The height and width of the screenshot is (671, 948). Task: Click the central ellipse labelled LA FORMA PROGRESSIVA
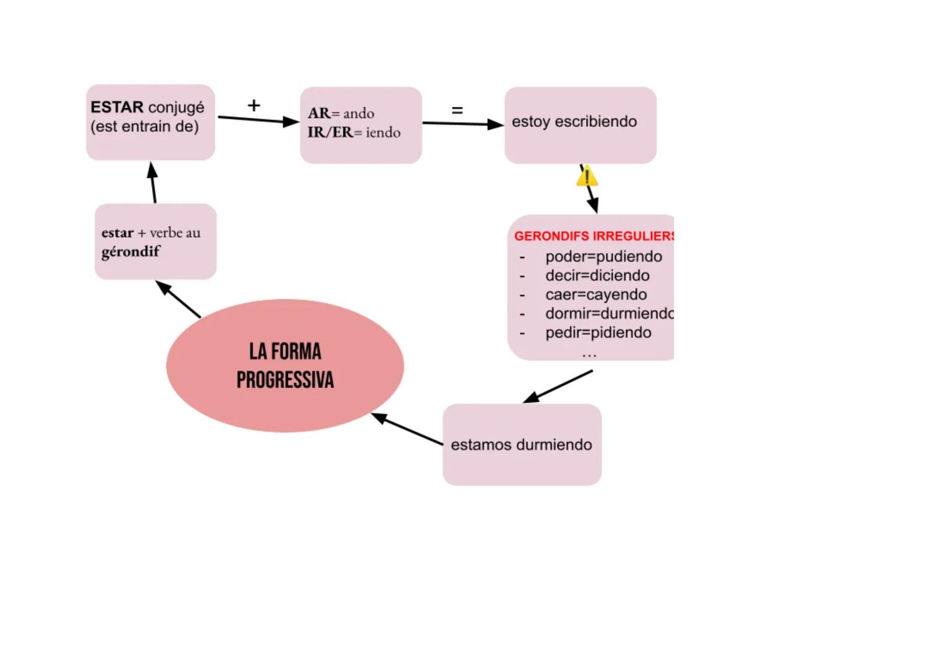(x=285, y=365)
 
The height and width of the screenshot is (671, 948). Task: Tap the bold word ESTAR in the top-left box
(x=117, y=107)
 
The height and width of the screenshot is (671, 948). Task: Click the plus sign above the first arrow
(x=254, y=105)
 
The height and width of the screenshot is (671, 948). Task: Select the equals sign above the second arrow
(x=457, y=111)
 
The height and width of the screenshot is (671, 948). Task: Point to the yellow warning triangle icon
(x=587, y=177)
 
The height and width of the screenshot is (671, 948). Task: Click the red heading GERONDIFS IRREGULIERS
(x=594, y=236)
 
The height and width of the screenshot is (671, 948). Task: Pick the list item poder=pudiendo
(x=604, y=257)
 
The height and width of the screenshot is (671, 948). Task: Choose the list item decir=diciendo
(x=597, y=275)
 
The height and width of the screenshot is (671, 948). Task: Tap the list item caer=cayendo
(x=596, y=294)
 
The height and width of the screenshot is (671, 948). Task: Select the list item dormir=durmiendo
(x=609, y=313)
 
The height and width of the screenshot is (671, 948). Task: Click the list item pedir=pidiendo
(x=598, y=332)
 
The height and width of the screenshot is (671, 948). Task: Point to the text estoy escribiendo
(x=574, y=121)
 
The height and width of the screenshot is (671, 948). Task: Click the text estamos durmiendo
(x=521, y=445)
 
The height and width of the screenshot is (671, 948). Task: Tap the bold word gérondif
(x=131, y=252)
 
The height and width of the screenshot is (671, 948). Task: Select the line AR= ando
(x=341, y=113)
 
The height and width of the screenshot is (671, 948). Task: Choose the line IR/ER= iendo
(x=354, y=132)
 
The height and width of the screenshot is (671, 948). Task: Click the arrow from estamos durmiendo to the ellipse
(x=407, y=429)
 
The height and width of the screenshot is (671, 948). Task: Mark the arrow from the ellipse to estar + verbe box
(x=178, y=299)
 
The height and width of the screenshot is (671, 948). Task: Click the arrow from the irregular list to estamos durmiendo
(x=558, y=386)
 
